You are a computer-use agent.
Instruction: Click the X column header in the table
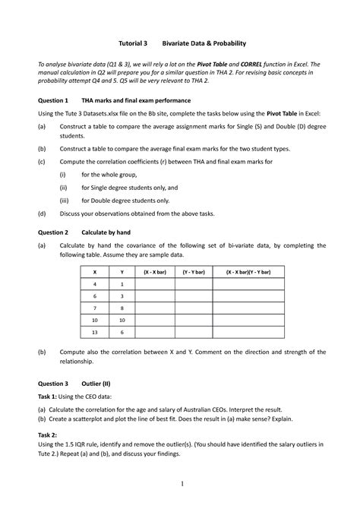[94, 271]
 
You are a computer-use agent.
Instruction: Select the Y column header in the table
[122, 271]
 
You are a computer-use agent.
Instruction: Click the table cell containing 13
[94, 332]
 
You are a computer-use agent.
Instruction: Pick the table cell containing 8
[122, 308]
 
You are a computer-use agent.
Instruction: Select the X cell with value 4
[94, 283]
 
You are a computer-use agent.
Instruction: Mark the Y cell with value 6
[122, 332]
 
